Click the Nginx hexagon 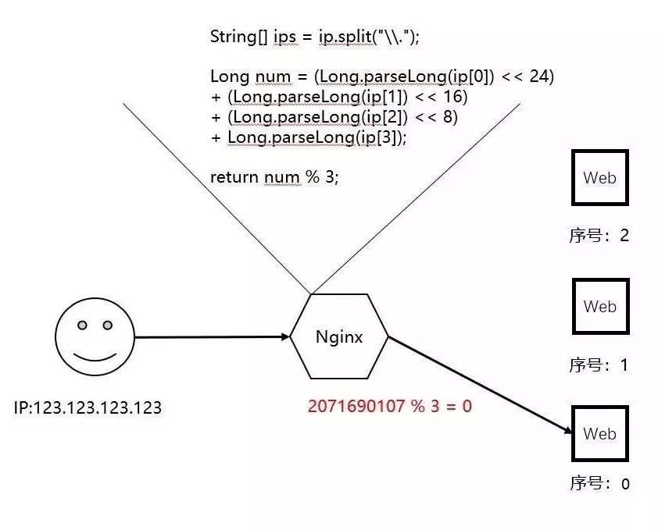[x=339, y=337]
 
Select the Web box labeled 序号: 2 [x=599, y=178]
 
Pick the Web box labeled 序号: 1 [x=599, y=307]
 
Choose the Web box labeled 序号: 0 [x=599, y=434]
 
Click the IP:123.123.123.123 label [x=88, y=407]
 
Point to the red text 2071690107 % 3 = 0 [x=390, y=407]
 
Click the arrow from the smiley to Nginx [x=211, y=337]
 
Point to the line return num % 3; [x=274, y=177]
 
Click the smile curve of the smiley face [x=95, y=357]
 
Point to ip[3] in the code [x=383, y=137]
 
